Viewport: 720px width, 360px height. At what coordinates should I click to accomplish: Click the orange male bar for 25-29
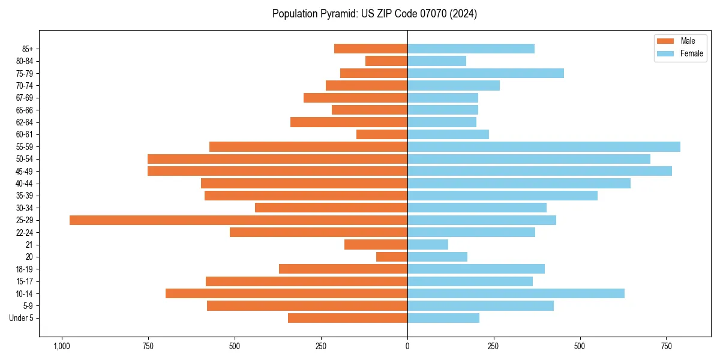238,220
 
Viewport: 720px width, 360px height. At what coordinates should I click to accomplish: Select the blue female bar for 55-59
544,147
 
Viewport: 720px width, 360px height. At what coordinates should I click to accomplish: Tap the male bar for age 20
392,257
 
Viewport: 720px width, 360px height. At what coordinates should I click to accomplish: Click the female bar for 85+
471,49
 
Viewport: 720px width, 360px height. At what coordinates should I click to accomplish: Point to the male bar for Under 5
347,318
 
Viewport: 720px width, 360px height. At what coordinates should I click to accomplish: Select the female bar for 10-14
516,293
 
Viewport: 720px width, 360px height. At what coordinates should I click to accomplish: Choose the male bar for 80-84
386,61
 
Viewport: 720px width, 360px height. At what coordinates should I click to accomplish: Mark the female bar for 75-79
485,73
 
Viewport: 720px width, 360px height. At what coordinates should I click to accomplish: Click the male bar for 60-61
382,134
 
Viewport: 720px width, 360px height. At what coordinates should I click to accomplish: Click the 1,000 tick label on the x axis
61,346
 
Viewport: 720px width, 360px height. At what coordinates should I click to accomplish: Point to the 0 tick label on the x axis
407,346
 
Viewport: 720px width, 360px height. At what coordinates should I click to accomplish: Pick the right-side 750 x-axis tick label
666,346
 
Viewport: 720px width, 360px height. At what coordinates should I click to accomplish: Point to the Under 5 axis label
22,318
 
